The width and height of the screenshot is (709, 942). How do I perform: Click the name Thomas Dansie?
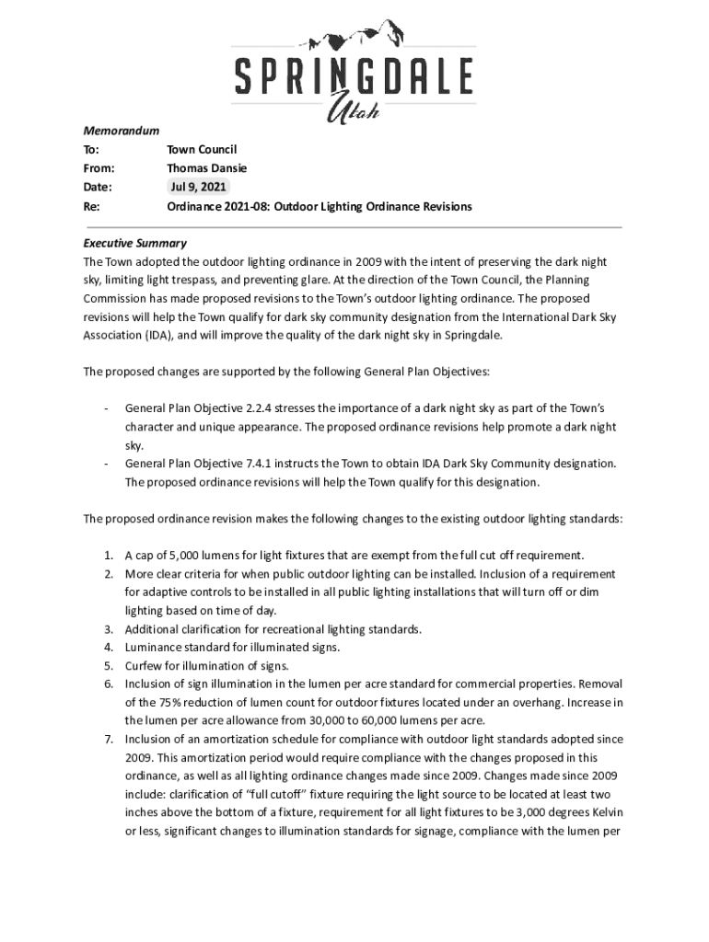coord(206,168)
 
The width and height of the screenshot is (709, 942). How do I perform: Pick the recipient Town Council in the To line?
coord(202,149)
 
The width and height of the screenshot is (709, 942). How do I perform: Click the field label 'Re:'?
coord(91,207)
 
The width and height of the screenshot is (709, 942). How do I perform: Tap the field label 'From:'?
coord(99,168)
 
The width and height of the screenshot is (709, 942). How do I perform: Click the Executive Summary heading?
coord(134,244)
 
